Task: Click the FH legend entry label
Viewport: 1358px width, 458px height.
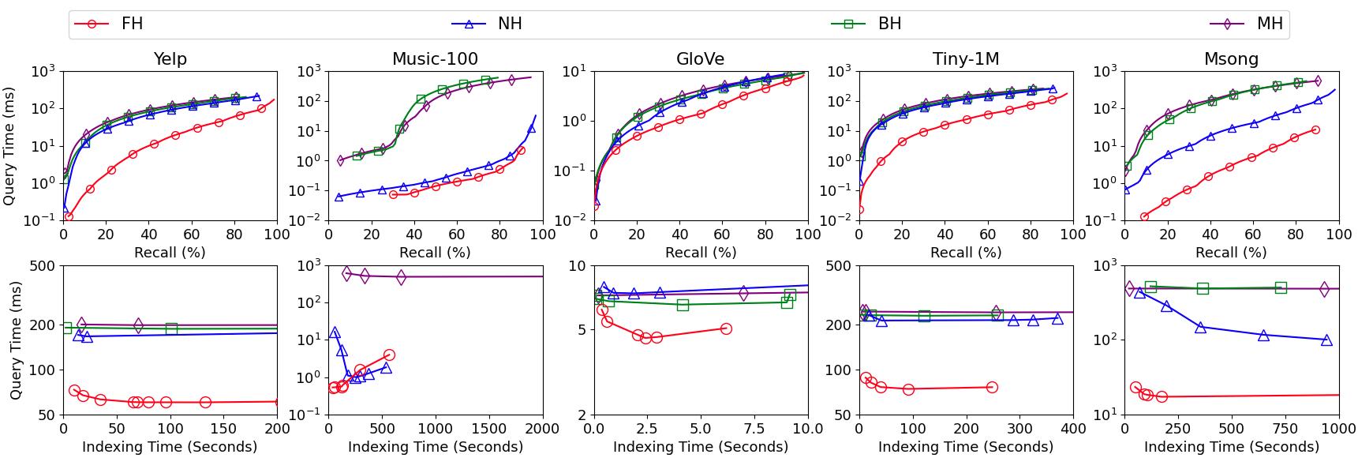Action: tap(132, 24)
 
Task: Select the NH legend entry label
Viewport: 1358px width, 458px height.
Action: tap(510, 24)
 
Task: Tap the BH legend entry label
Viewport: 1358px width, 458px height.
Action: tap(889, 24)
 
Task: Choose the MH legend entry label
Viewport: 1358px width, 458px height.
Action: tap(1270, 24)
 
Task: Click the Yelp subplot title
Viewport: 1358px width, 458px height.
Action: tap(170, 59)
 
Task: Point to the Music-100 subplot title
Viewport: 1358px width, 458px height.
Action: tap(435, 59)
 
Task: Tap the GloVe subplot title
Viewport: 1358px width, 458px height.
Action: tap(701, 59)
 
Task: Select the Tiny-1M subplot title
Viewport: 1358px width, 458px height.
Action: tap(966, 59)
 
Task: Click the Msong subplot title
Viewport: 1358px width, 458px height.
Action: tap(1231, 59)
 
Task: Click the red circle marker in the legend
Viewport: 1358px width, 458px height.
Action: tap(92, 24)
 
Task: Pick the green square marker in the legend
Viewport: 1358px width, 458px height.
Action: tap(849, 24)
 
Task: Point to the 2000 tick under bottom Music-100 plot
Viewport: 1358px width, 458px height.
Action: tap(542, 429)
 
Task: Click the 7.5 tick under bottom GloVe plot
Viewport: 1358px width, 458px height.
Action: tap(754, 429)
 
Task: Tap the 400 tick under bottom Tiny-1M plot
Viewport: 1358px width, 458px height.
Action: tap(1073, 429)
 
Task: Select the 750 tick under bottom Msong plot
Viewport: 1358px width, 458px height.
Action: tap(1285, 429)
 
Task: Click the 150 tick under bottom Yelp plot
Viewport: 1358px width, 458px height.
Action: tap(224, 429)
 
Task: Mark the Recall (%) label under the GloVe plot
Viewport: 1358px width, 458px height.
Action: tap(701, 253)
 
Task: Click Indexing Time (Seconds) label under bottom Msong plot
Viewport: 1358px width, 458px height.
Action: tap(1231, 447)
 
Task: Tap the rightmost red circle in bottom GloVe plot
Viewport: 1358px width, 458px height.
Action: tap(726, 328)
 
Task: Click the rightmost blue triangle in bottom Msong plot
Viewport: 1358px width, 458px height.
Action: tap(1326, 340)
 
